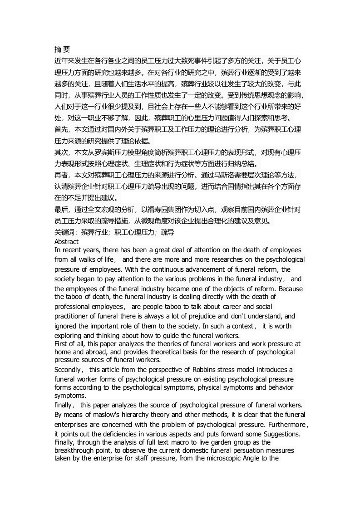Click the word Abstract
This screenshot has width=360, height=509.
pyautogui.click(x=66, y=242)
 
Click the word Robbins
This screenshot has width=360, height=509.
pyautogui.click(x=197, y=370)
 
